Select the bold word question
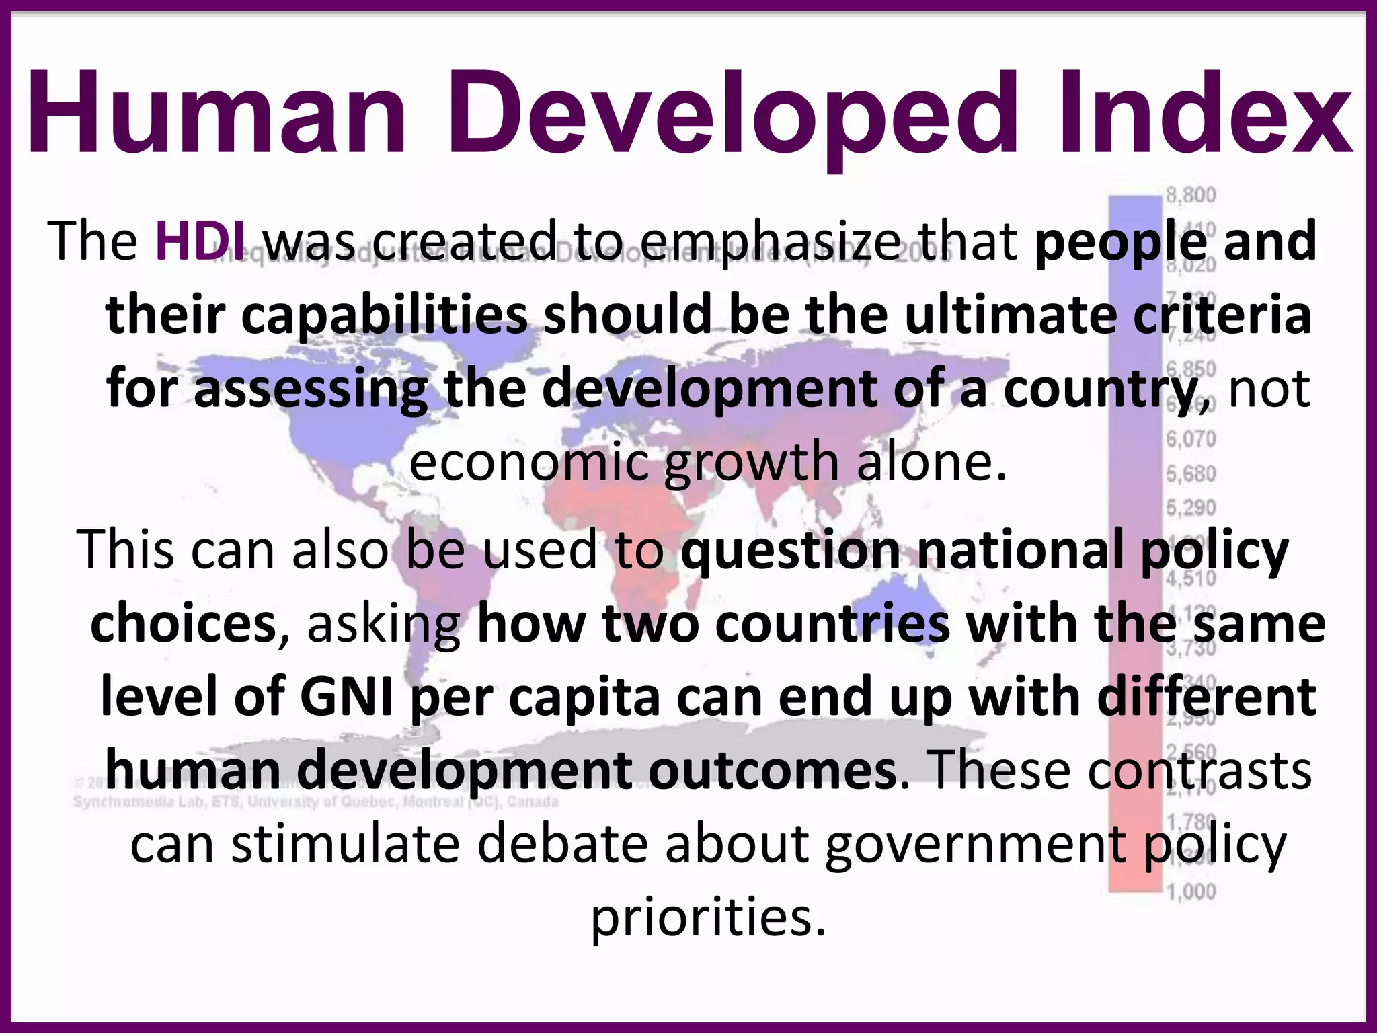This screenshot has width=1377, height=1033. pyautogui.click(x=791, y=550)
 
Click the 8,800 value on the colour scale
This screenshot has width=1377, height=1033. pyautogui.click(x=1191, y=196)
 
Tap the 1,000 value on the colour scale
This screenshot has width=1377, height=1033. pyautogui.click(x=1191, y=892)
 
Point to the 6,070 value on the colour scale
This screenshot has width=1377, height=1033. pyautogui.click(x=1191, y=439)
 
